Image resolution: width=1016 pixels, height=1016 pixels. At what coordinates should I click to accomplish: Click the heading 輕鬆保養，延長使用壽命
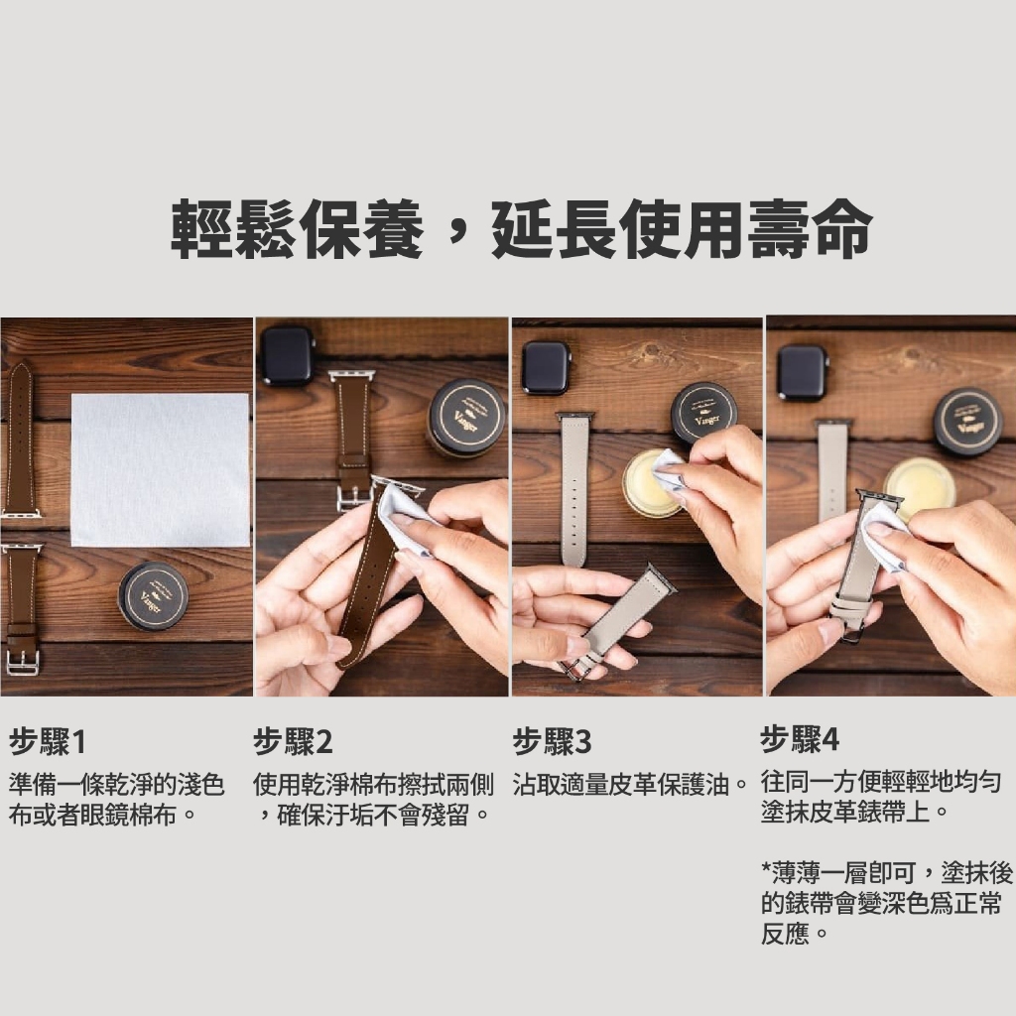pos(521,228)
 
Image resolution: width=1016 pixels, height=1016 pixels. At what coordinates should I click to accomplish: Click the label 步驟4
pos(800,739)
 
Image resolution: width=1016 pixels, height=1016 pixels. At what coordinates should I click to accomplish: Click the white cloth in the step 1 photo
pos(160,469)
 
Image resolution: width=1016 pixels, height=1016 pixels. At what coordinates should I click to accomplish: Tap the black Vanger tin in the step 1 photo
pos(154,596)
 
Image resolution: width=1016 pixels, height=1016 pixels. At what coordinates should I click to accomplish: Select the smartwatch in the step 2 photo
pos(287,356)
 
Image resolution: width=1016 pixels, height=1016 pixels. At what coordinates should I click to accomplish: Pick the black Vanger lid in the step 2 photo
pos(467,417)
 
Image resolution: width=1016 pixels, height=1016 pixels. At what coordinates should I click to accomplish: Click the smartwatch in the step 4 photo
pos(803,373)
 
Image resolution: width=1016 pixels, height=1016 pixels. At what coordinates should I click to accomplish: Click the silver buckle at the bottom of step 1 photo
pos(23,661)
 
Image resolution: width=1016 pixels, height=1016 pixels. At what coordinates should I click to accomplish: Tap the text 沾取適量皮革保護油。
pos(632,785)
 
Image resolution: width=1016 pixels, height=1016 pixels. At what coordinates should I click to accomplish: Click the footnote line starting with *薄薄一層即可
pos(887,873)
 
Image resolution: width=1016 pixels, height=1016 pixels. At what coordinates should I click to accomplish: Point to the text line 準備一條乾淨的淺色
pos(117,785)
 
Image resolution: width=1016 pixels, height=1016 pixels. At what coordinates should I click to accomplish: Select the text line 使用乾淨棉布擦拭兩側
pos(373,785)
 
